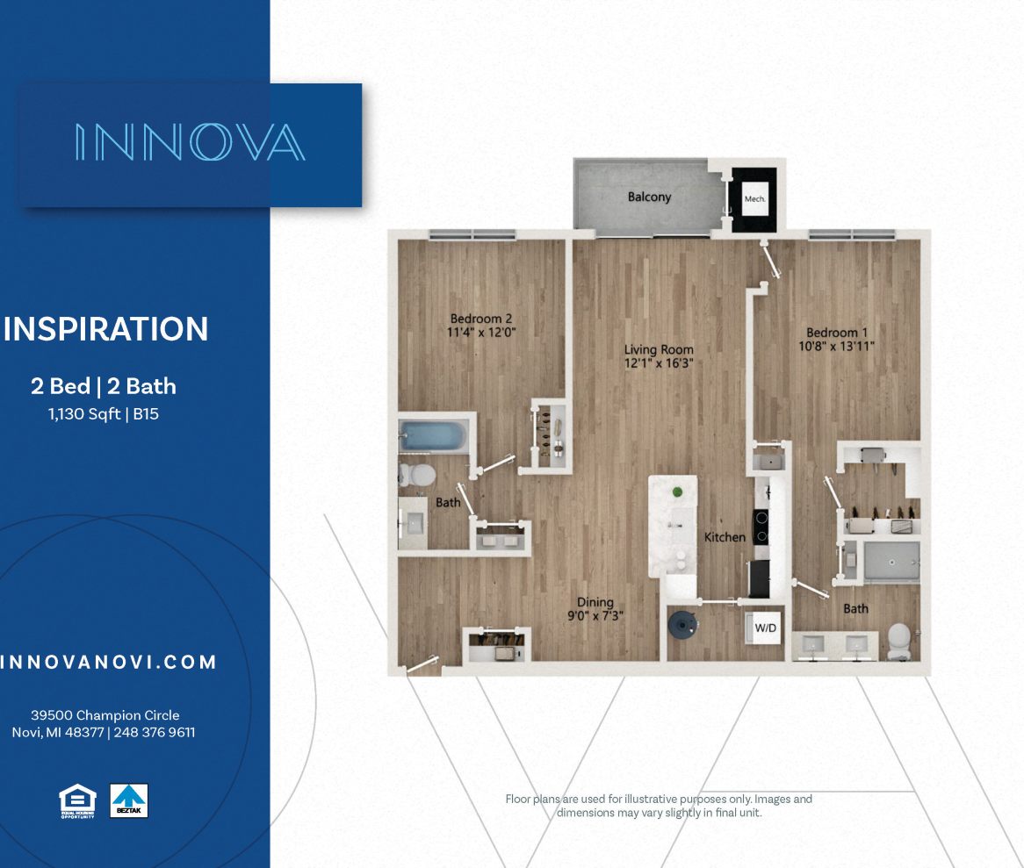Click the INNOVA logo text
(190, 142)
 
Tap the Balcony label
(649, 197)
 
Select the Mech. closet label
(755, 199)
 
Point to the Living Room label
(660, 349)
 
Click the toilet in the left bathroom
(418, 475)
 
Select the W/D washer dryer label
(766, 627)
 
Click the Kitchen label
(725, 536)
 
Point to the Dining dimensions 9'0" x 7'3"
(595, 616)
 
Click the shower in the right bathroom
(891, 561)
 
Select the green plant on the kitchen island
(677, 491)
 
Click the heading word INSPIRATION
(106, 329)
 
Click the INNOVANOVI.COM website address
(108, 663)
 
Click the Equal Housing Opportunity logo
(76, 800)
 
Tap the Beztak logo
(128, 800)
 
